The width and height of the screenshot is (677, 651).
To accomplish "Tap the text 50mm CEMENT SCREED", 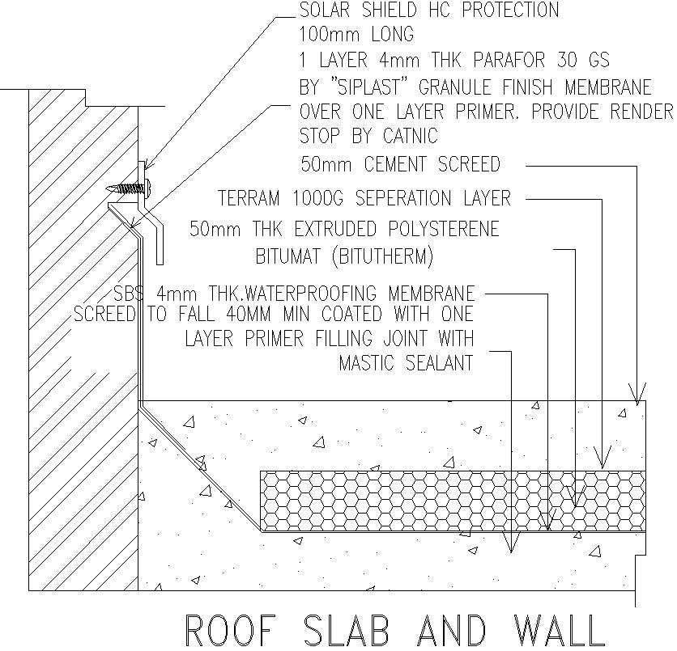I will click(x=400, y=165).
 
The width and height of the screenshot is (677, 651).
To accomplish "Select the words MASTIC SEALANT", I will click(x=406, y=363).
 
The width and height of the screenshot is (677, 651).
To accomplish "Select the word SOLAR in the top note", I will click(x=328, y=11).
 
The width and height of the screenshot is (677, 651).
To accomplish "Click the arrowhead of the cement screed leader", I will click(x=639, y=397).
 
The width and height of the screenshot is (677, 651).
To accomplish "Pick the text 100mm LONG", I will click(x=356, y=35).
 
